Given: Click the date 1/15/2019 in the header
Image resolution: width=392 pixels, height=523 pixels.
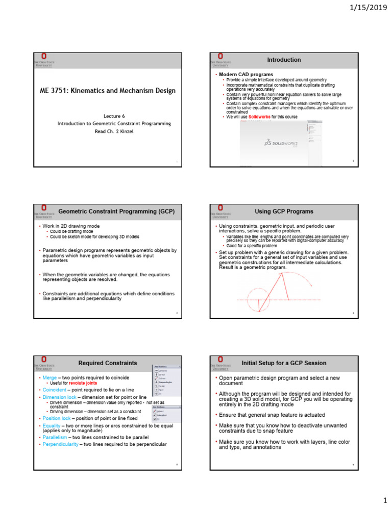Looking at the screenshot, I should pyautogui.click(x=369, y=9).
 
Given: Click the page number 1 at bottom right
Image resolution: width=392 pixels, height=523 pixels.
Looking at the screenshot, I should pyautogui.click(x=385, y=501).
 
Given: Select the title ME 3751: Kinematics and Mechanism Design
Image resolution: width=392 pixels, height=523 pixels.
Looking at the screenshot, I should pyautogui.click(x=108, y=91).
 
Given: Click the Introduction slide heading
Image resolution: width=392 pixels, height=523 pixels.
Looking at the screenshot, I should pyautogui.click(x=284, y=60).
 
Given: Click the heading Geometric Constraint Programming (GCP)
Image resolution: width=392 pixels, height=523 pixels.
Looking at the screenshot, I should pyautogui.click(x=116, y=211).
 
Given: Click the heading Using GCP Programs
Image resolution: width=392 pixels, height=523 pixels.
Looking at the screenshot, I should pyautogui.click(x=284, y=211).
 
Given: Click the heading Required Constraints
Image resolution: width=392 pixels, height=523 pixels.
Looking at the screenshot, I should pyautogui.click(x=108, y=363).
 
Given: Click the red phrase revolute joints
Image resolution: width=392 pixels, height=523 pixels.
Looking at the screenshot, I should pyautogui.click(x=83, y=383).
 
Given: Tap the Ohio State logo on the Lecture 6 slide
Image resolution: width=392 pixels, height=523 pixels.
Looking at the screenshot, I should pyautogui.click(x=44, y=59).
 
